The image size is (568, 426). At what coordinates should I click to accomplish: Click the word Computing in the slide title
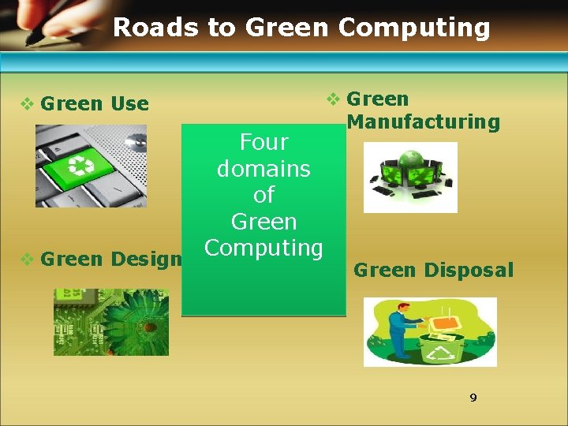tap(414, 28)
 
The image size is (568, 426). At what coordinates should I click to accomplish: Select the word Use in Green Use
tap(130, 103)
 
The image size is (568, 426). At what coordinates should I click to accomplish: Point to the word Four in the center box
tap(263, 142)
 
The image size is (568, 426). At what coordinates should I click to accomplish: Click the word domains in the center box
tap(263, 169)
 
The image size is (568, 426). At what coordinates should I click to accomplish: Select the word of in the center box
tap(263, 195)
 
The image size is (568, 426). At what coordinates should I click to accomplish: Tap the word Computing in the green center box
tap(263, 247)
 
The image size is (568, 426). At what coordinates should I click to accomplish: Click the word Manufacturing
tap(423, 121)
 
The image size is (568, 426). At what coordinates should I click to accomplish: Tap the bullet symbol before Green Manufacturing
tap(333, 99)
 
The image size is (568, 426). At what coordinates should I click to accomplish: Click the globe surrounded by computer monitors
tap(410, 164)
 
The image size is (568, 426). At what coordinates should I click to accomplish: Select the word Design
tap(147, 259)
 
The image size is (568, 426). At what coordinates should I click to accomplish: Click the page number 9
tap(473, 398)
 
